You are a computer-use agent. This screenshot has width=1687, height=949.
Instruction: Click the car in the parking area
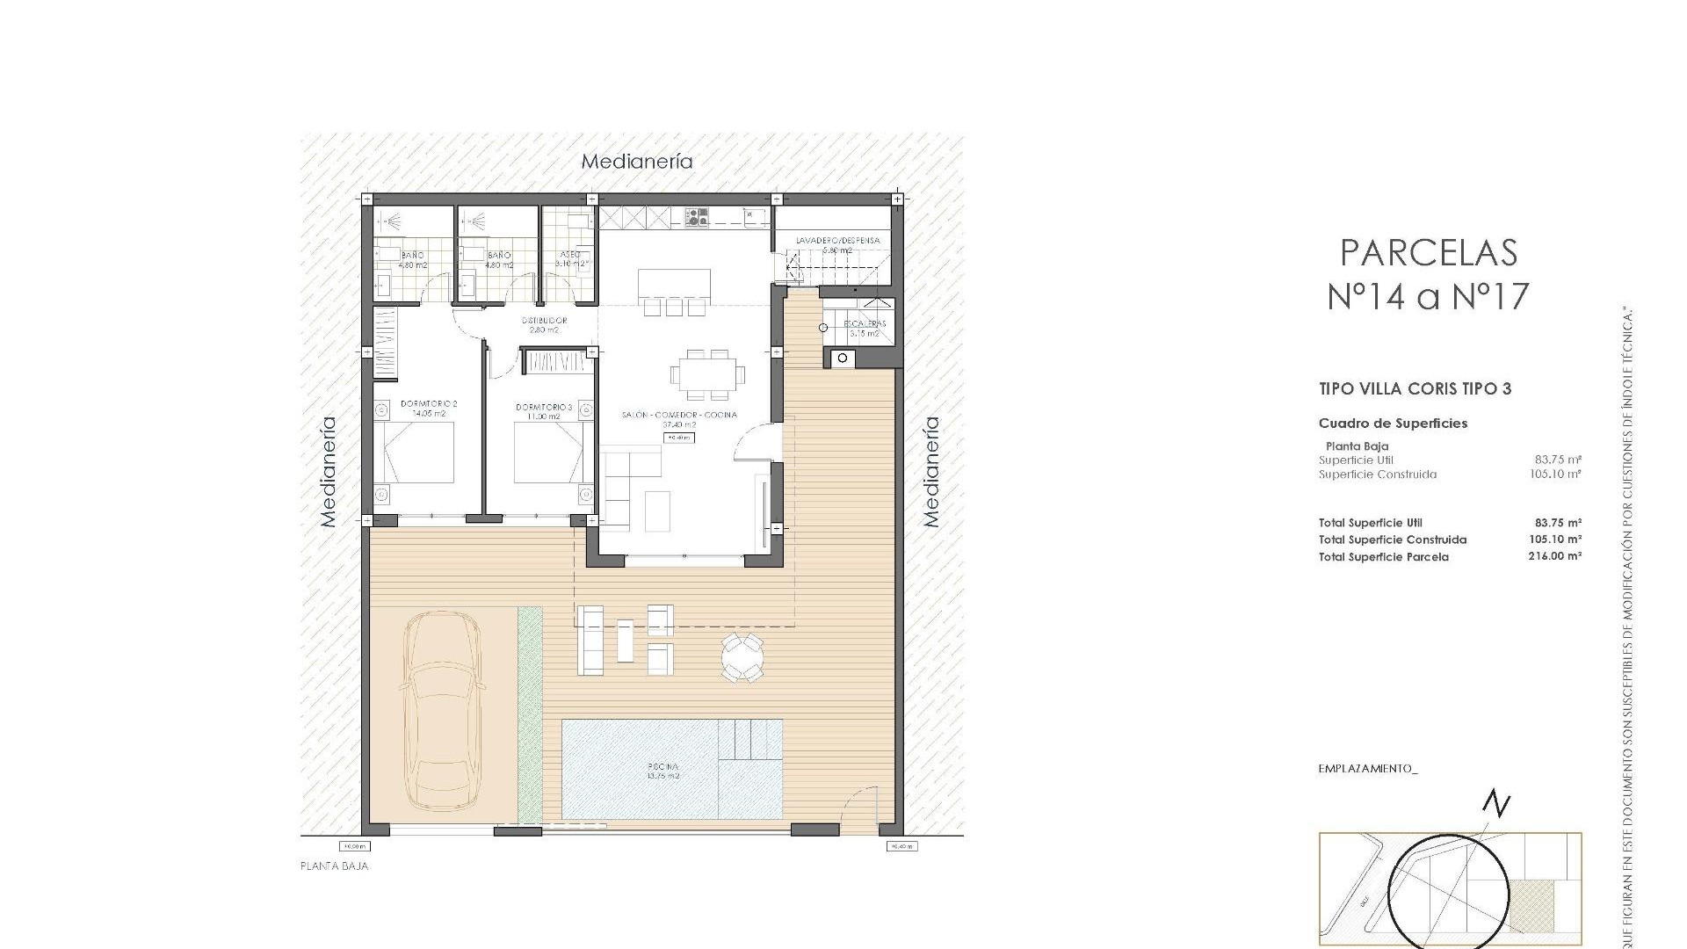point(441,712)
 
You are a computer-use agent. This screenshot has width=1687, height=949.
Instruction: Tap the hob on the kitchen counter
point(697,217)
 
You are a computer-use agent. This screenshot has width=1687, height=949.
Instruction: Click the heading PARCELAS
point(1429,253)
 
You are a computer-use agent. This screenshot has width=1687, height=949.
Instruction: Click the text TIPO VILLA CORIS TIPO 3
point(1415,388)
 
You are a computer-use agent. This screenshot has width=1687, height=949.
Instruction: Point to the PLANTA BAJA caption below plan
point(334,866)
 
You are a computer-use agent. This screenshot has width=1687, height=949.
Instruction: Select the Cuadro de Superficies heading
point(1393,424)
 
